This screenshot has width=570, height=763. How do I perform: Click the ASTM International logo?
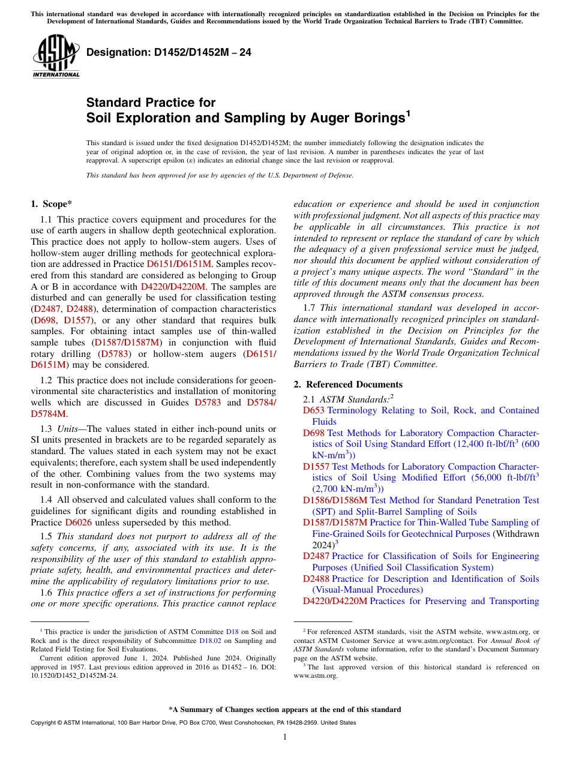(56, 56)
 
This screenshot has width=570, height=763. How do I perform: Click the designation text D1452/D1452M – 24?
(169, 53)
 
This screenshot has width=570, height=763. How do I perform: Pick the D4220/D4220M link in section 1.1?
(173, 287)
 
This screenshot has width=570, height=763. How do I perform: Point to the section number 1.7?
(310, 308)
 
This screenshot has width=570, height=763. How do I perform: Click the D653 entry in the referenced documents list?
(313, 410)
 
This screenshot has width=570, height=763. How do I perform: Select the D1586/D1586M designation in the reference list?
(335, 500)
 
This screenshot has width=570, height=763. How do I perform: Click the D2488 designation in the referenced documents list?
(316, 579)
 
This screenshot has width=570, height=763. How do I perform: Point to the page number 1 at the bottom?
(285, 737)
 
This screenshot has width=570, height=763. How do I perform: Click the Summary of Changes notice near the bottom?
(285, 710)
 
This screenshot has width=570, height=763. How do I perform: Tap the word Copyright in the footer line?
(46, 723)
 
